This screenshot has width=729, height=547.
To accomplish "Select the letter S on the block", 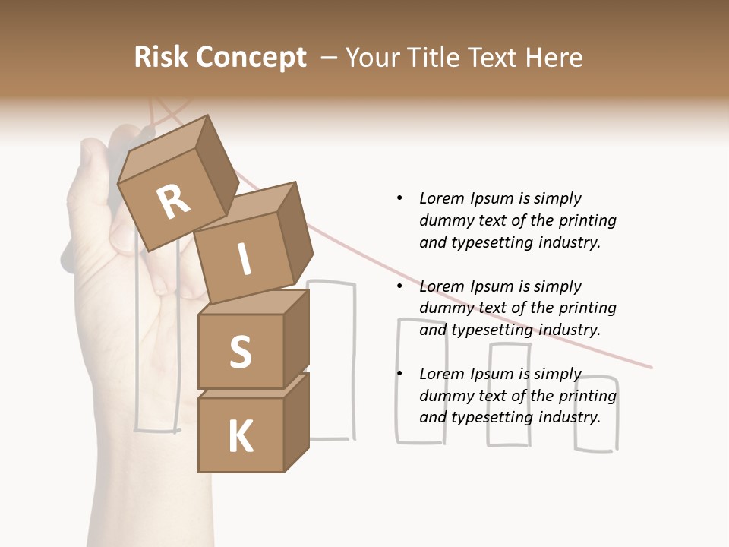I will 240,352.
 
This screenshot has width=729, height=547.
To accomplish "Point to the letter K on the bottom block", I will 240,437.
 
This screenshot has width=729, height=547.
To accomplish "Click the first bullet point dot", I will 399,198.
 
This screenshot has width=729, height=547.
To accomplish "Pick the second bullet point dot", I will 399,286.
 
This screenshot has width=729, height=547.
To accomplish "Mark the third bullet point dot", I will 399,374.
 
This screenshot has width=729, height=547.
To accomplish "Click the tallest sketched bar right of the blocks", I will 333,361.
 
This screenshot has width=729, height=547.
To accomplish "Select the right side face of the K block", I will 296,422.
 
